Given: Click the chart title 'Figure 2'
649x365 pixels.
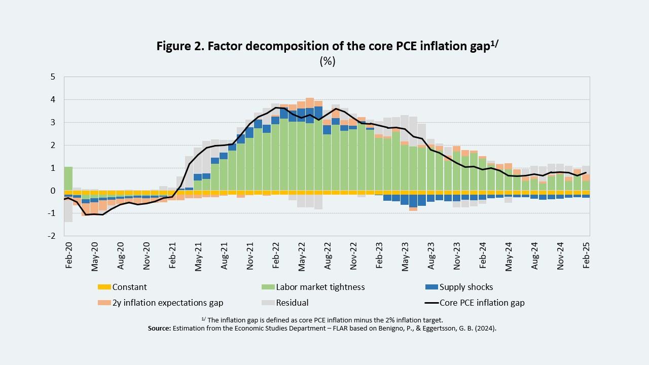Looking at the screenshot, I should click(329, 47).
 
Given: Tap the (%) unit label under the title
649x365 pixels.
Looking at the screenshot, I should click(328, 62).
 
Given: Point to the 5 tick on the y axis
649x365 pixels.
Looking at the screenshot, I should click(53, 77).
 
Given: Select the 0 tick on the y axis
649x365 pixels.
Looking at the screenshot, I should click(53, 191).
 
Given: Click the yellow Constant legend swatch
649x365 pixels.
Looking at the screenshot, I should click(104, 287).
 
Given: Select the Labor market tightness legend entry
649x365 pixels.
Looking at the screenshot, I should click(320, 287).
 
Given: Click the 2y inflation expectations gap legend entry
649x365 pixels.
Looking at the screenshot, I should click(167, 303).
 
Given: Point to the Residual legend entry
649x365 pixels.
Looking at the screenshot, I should click(292, 303).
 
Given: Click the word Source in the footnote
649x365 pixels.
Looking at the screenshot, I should click(159, 328).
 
